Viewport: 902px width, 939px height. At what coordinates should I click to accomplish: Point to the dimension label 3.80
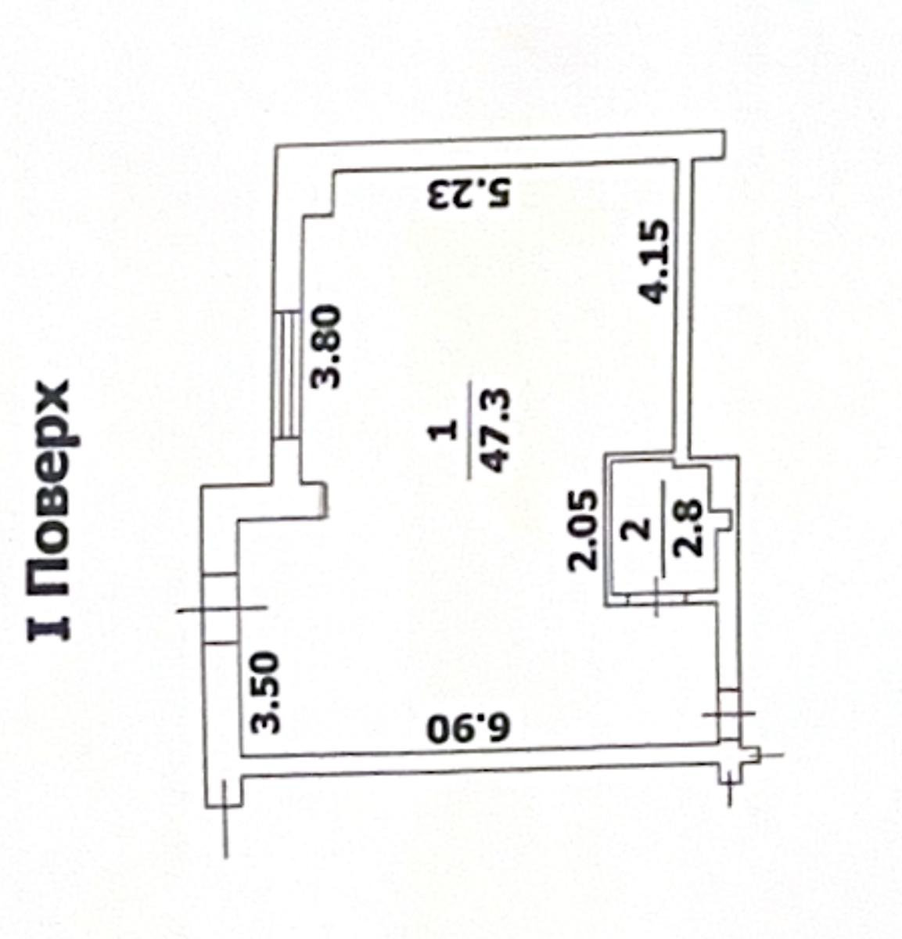[325, 346]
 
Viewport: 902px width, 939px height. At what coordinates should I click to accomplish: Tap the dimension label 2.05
[583, 531]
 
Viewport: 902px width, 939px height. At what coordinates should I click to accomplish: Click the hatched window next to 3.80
[286, 375]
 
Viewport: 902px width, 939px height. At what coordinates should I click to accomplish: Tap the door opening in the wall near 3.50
[220, 608]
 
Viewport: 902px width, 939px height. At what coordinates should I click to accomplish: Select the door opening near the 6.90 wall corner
[728, 714]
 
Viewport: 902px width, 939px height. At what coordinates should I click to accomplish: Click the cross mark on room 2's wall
[657, 598]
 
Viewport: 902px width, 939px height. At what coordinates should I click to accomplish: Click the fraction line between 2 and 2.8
[663, 528]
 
